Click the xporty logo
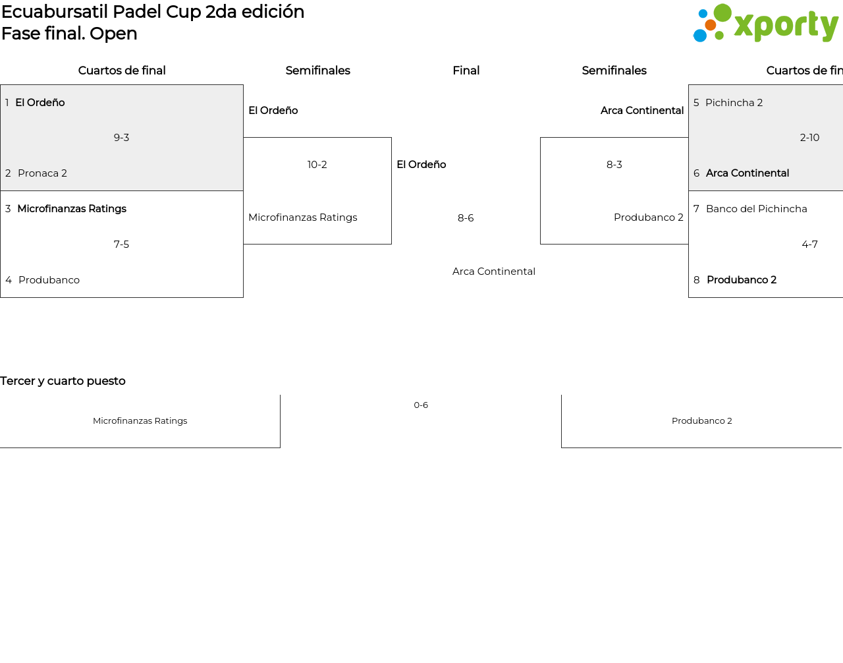tap(766, 23)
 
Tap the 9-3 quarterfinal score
tap(121, 138)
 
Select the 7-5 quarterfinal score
tap(121, 244)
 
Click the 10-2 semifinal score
tap(317, 165)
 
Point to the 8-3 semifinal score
tap(614, 165)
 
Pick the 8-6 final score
tap(466, 217)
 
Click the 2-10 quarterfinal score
tap(809, 138)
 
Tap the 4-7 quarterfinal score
tap(809, 244)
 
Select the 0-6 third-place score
tap(421, 405)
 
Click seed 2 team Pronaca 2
tap(42, 173)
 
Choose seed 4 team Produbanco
tap(49, 280)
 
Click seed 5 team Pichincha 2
tap(734, 102)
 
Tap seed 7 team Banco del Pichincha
tap(757, 209)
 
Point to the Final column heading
tap(466, 71)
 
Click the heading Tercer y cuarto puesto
tap(63, 381)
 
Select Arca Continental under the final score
tap(494, 272)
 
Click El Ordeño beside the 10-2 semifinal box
tap(273, 110)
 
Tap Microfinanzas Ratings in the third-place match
tap(140, 420)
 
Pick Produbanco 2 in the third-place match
tap(702, 420)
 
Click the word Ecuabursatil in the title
tap(55, 12)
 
